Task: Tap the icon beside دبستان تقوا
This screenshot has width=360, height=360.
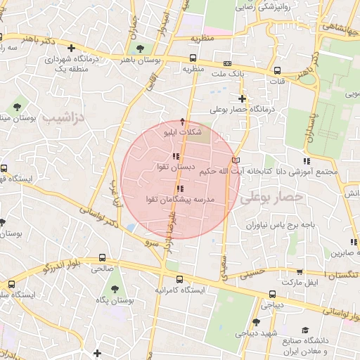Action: (x=175, y=156)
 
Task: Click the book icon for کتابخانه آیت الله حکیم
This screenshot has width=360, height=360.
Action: (x=235, y=161)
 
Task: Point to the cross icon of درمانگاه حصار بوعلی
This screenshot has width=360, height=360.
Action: (x=243, y=98)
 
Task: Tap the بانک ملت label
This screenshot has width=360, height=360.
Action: (x=227, y=73)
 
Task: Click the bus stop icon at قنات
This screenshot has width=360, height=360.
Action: (x=277, y=70)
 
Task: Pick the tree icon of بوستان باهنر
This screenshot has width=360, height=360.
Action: (x=140, y=49)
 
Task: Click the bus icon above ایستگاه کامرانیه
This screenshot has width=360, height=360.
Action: (x=179, y=278)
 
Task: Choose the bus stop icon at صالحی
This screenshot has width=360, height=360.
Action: (x=103, y=257)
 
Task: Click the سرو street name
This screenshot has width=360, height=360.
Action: (x=152, y=243)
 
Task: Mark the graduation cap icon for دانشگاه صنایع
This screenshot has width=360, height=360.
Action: (x=304, y=330)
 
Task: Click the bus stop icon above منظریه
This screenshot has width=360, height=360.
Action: (x=193, y=58)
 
